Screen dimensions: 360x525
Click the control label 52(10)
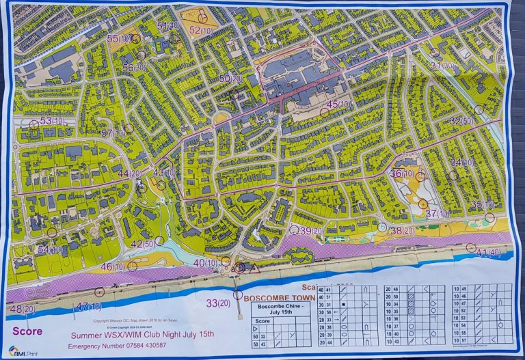click(x=200, y=31)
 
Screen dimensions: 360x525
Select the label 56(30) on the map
click(x=134, y=68)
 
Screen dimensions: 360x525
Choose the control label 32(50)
click(x=462, y=121)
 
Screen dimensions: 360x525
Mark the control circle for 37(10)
click(x=423, y=204)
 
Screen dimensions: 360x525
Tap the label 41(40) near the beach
click(x=488, y=253)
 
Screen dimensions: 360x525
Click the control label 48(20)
click(x=23, y=309)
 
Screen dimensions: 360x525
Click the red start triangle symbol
click(x=255, y=269)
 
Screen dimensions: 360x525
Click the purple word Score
click(x=27, y=332)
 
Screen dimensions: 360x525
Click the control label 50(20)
click(x=230, y=79)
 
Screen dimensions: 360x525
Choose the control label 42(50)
click(x=142, y=245)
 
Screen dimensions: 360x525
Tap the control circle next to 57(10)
click(x=129, y=128)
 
